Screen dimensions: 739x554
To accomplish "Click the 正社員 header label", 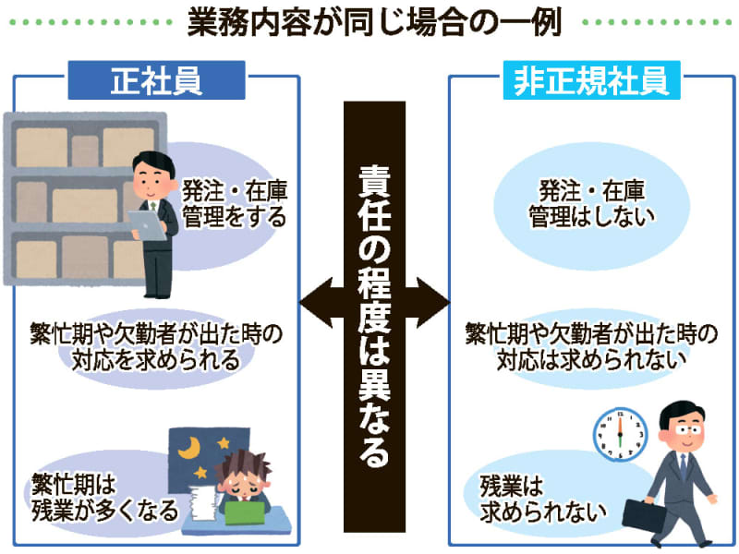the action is pyautogui.click(x=156, y=80).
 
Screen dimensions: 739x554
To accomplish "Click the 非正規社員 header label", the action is pyautogui.click(x=591, y=80).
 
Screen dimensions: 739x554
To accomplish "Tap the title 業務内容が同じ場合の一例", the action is pyautogui.click(x=375, y=22).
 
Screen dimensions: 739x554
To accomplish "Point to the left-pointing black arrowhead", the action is pyautogui.click(x=316, y=303).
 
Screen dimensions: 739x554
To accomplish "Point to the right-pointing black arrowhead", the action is pyautogui.click(x=433, y=303).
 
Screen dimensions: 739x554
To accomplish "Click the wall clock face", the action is pyautogui.click(x=620, y=434).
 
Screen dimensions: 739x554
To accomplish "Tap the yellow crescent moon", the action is pyautogui.click(x=189, y=448).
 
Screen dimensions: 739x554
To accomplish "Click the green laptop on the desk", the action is pyautogui.click(x=245, y=513).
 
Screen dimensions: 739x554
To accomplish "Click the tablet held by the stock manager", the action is pyautogui.click(x=147, y=225).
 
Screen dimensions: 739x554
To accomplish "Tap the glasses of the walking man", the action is pyautogui.click(x=688, y=429).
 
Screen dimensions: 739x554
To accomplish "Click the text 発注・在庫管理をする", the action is pyautogui.click(x=235, y=203).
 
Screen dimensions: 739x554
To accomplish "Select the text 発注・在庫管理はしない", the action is pyautogui.click(x=591, y=203).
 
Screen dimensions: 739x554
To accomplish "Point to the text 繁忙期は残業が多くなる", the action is pyautogui.click(x=104, y=498).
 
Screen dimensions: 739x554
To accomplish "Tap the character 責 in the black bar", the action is pyautogui.click(x=375, y=181).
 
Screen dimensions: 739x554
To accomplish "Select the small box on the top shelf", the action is pyautogui.click(x=85, y=151).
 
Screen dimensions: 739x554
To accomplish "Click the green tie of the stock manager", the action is pyautogui.click(x=152, y=207).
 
